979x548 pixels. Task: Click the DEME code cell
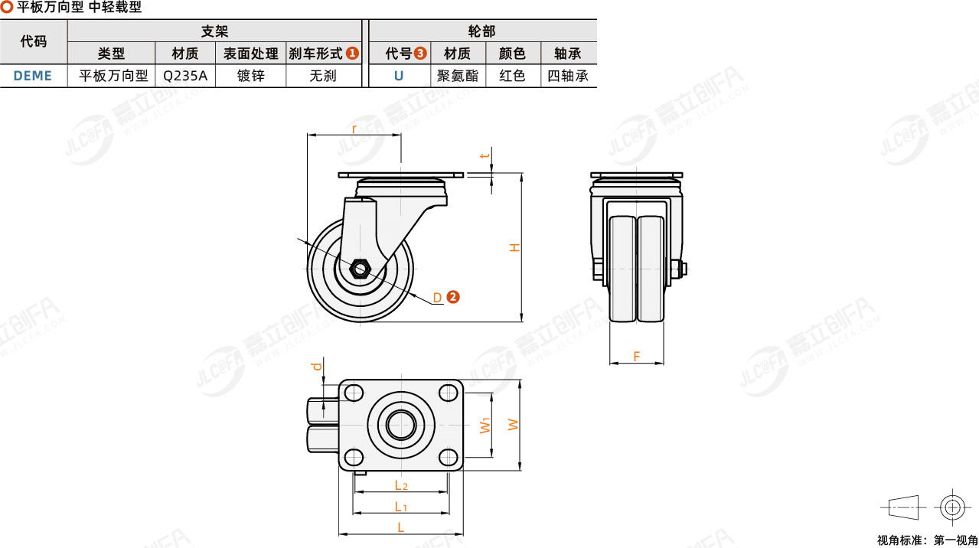pos(33,76)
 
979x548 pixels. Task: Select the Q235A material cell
pos(185,76)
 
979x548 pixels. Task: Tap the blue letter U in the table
pos(399,76)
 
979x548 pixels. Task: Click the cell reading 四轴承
pos(568,76)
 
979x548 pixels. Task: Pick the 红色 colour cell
pos(512,76)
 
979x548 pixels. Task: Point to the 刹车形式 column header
pos(315,54)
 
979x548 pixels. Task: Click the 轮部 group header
pos(481,31)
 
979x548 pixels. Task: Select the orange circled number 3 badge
pos(420,54)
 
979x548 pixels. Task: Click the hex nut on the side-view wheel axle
pos(360,269)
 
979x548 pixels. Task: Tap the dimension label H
pos(515,247)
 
